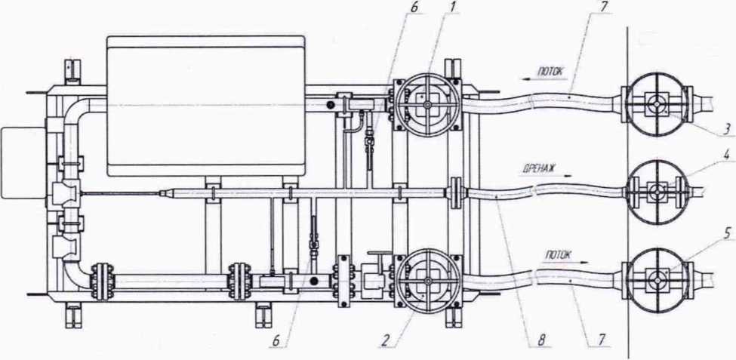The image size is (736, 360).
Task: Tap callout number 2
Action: click(384, 342)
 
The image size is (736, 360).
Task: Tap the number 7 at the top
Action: click(602, 8)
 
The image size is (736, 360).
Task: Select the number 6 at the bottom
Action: click(277, 342)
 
